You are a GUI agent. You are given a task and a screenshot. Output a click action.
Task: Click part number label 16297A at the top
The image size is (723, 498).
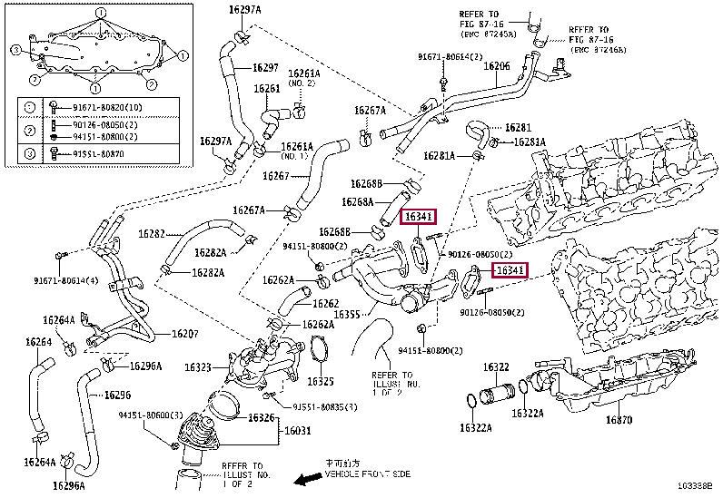(x=244, y=9)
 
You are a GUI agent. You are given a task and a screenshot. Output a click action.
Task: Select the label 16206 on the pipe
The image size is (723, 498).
(x=496, y=66)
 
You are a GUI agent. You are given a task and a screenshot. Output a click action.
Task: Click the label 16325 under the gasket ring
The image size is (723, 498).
(x=320, y=381)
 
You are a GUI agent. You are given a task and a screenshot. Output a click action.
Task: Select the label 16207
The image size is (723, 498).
(x=185, y=334)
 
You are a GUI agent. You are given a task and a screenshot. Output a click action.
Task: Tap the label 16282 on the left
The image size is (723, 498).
(x=151, y=234)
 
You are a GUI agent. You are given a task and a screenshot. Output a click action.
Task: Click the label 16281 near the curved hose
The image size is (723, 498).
(x=518, y=128)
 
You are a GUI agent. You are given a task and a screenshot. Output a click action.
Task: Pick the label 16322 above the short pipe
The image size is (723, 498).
(x=495, y=367)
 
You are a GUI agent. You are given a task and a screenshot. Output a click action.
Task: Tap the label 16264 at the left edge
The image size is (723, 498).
(x=38, y=342)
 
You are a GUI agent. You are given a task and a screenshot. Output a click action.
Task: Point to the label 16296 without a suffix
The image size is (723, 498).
(x=118, y=395)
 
